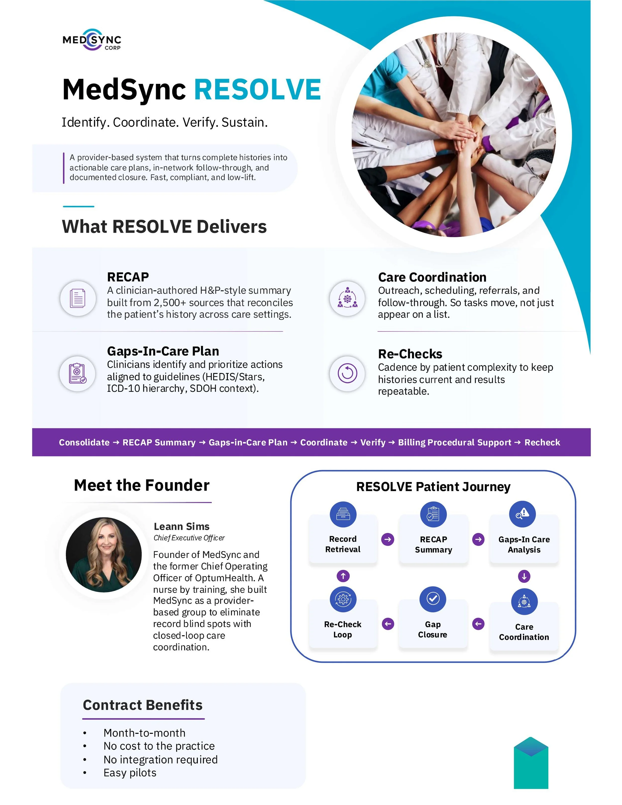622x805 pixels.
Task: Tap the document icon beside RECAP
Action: point(78,298)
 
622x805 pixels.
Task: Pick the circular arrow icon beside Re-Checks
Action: point(347,373)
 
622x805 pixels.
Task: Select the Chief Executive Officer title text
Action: point(189,538)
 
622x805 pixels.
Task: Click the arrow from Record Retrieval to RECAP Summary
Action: point(388,539)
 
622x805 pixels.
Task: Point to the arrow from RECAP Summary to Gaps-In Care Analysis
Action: point(478,539)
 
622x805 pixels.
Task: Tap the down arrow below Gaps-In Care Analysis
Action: point(524,576)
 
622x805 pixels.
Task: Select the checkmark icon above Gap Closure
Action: point(433,599)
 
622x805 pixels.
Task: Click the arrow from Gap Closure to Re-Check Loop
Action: point(388,624)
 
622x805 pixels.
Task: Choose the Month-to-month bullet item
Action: point(145,733)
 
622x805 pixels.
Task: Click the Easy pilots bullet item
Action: point(130,773)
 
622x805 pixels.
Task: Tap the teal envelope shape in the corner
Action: point(531,763)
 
